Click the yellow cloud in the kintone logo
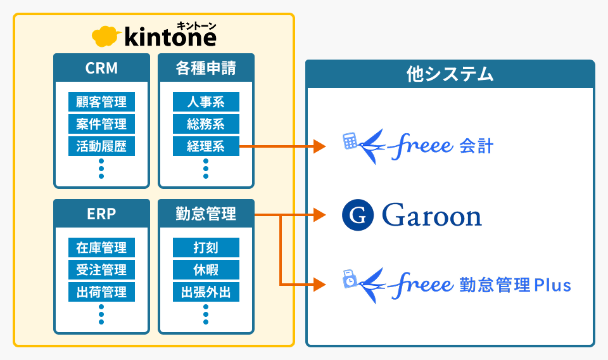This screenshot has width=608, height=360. click(x=106, y=37)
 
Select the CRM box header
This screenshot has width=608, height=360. click(x=101, y=68)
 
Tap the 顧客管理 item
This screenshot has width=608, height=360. click(x=101, y=102)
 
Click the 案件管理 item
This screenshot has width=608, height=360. click(x=101, y=124)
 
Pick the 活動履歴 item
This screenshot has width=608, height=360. click(x=101, y=146)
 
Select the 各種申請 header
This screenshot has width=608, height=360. click(x=206, y=68)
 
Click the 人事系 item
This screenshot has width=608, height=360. click(x=206, y=102)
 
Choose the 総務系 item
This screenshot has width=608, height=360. click(x=206, y=124)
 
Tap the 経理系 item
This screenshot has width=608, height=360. click(x=206, y=146)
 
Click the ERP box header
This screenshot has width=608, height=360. click(x=101, y=214)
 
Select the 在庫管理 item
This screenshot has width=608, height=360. click(x=101, y=247)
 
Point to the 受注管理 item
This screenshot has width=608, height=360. click(x=101, y=269)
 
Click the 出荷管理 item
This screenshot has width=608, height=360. click(x=101, y=292)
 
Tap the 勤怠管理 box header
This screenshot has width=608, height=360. click(x=206, y=214)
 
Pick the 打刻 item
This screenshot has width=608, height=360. click(x=206, y=247)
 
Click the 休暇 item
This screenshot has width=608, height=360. click(x=206, y=269)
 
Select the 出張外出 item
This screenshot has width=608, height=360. click(x=206, y=292)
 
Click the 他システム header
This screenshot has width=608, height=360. click(x=450, y=74)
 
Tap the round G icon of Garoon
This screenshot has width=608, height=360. click(x=358, y=215)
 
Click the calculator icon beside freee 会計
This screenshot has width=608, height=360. click(x=350, y=141)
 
